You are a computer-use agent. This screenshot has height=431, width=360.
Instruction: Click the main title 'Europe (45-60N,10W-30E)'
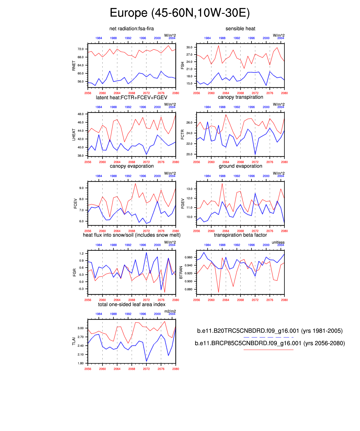180,13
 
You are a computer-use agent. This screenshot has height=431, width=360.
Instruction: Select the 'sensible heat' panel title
240,29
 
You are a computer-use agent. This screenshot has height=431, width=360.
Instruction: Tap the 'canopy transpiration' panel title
240,97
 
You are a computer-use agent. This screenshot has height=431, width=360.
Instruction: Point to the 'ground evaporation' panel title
240,166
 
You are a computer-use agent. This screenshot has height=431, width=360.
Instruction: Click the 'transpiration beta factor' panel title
240,235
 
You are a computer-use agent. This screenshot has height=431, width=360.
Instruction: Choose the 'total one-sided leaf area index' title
131,304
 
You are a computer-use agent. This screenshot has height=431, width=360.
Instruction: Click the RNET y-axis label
74,66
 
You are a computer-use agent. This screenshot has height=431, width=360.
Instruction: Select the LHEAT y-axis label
74,135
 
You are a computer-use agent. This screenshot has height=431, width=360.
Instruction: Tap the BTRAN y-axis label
181,273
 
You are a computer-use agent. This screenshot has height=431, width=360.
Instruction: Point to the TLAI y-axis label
74,341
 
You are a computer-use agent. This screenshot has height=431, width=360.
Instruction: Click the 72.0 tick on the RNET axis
81,49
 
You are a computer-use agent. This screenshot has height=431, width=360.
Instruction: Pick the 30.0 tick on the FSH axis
189,47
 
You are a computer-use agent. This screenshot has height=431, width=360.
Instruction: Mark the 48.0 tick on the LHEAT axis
81,114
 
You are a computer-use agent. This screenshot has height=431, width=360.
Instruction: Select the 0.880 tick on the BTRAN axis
189,289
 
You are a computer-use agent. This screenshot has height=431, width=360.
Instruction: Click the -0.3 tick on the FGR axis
81,289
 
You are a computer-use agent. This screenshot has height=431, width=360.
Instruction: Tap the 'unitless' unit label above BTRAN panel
278,242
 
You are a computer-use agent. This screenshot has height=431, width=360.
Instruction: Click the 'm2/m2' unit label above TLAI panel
170,311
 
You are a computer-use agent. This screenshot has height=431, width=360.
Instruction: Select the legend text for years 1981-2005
270,331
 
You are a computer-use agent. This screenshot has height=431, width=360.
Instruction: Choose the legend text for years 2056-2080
270,343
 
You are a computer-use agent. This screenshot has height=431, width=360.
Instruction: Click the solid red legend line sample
268,350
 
